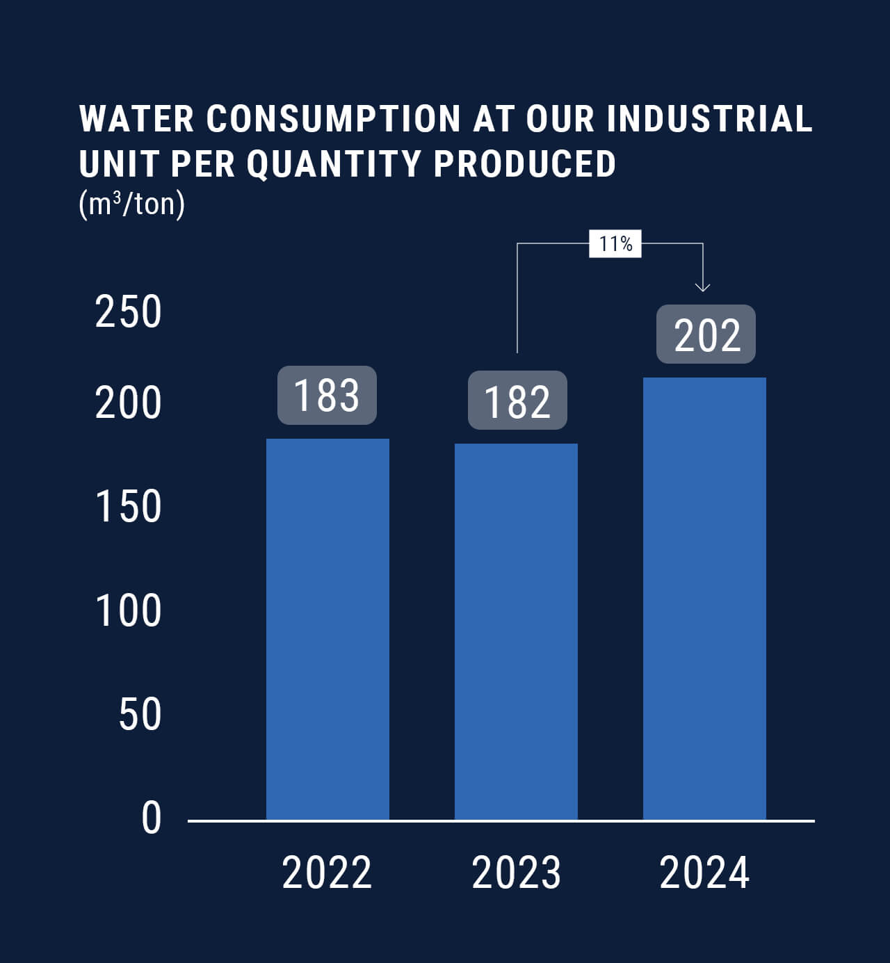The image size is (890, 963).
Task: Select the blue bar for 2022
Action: tap(327, 629)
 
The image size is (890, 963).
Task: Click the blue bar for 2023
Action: tap(516, 631)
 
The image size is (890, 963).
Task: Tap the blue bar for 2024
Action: tap(704, 599)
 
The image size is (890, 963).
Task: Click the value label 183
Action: tap(327, 395)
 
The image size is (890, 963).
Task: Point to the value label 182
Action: tap(517, 400)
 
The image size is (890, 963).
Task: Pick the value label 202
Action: tap(706, 334)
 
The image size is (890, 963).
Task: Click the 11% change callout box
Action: tap(615, 244)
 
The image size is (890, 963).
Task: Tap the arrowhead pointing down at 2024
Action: tap(703, 286)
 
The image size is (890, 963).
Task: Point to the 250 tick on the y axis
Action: tap(128, 311)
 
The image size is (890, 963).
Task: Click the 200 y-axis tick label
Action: tap(128, 403)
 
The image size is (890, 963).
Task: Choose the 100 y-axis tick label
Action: tap(128, 610)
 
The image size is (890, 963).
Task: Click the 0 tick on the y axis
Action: tap(151, 818)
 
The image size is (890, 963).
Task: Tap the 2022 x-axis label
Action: tap(327, 873)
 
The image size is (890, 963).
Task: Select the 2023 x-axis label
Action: tap(516, 873)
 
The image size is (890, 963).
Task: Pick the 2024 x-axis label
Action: tap(704, 873)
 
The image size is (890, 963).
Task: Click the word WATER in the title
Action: tap(136, 118)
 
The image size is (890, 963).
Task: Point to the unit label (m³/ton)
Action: tap(132, 204)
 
